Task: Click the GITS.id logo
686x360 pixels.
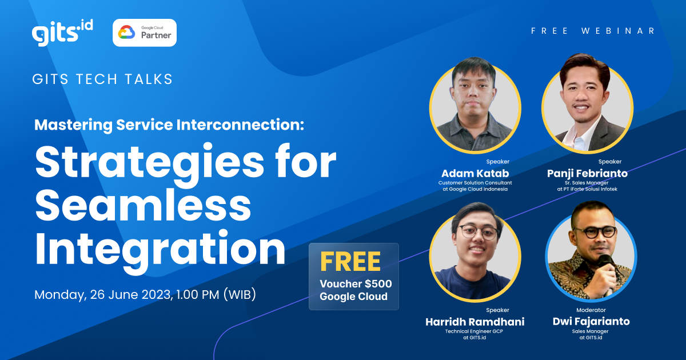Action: (x=62, y=33)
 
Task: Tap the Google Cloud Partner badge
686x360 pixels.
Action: (x=145, y=33)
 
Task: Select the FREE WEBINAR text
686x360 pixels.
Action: (x=593, y=31)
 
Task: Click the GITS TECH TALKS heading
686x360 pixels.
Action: (x=103, y=79)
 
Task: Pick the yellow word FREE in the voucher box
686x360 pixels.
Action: (x=350, y=262)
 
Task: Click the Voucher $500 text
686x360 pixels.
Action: (x=356, y=284)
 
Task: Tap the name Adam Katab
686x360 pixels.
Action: (x=476, y=173)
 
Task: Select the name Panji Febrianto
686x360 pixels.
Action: (x=587, y=173)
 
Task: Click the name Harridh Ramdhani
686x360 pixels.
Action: (x=475, y=321)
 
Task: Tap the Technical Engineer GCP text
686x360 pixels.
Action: (x=475, y=331)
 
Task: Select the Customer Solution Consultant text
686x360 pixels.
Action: (x=476, y=182)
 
